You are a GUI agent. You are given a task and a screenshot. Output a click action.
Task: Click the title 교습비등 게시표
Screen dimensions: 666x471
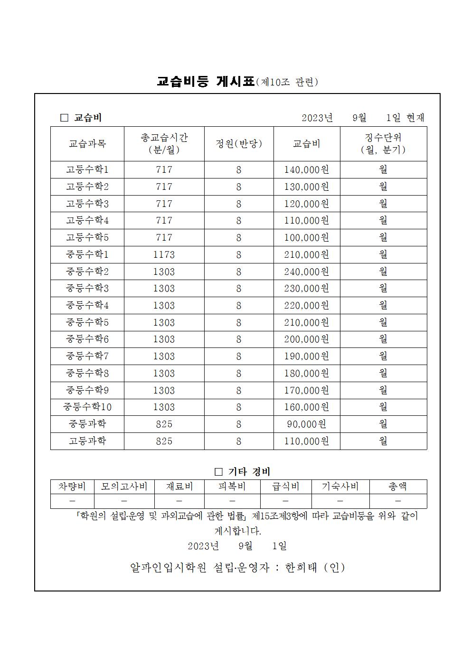[206, 81]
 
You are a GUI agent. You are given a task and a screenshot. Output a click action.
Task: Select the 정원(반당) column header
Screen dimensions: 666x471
[239, 143]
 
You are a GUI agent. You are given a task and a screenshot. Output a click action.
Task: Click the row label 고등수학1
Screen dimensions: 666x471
[87, 169]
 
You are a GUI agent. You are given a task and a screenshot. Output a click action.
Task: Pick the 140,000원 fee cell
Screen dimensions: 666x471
[307, 169]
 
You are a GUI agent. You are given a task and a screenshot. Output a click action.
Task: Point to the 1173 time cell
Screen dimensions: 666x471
[164, 254]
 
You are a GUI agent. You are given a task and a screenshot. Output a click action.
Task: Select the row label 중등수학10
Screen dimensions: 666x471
[87, 407]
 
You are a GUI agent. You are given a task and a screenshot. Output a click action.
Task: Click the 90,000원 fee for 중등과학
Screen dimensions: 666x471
[307, 424]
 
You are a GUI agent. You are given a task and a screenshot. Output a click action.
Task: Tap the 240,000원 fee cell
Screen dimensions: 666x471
[307, 272]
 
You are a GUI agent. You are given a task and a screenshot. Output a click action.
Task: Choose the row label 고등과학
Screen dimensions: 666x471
[87, 441]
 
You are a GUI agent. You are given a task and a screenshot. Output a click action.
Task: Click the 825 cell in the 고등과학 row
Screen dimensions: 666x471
[164, 441]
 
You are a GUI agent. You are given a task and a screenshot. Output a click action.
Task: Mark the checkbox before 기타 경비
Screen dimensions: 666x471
[218, 472]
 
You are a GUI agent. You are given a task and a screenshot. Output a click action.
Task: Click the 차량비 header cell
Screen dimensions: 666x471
[72, 487]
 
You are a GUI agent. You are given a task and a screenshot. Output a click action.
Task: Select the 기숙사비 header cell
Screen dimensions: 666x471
[340, 487]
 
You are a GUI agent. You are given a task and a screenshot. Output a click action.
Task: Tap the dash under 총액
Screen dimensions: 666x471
[398, 501]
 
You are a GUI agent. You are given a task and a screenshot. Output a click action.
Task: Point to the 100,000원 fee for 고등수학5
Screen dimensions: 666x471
[307, 237]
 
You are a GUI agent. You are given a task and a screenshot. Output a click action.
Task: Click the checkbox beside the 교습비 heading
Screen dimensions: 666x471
[65, 118]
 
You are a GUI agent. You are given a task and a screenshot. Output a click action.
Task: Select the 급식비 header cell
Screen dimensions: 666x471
[286, 487]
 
